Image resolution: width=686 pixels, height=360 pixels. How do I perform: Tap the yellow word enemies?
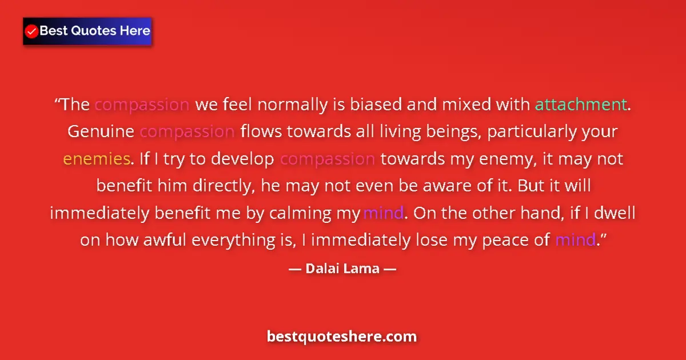pos(97,158)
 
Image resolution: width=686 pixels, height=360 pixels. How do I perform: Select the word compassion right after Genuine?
pos(187,131)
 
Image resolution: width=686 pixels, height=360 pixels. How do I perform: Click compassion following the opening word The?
pos(142,105)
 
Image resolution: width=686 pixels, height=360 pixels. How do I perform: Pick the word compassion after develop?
pos(327,158)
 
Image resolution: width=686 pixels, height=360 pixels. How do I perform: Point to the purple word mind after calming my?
pos(384,213)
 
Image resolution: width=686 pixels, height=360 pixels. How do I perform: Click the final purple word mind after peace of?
pos(575,240)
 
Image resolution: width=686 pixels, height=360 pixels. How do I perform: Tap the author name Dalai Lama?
pos(342,268)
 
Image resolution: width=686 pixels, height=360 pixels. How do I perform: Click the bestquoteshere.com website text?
pos(342,337)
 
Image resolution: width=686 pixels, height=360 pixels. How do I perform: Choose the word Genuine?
pos(101,131)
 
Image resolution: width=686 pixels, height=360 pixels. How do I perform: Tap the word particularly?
pos(532,131)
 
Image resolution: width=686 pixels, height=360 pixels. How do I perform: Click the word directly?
pos(215,186)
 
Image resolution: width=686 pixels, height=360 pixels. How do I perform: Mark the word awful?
pos(164,240)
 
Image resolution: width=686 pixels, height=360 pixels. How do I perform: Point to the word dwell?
pos(615,213)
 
